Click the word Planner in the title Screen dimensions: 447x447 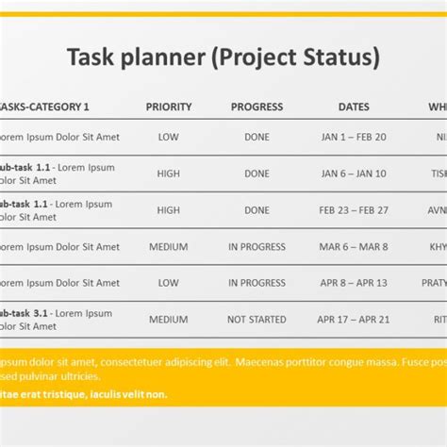tap(160, 58)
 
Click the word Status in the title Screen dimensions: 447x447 tap(337, 58)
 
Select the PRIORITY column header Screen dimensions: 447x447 tap(169, 107)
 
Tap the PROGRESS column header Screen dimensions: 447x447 tap(257, 107)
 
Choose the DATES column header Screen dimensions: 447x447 tap(354, 107)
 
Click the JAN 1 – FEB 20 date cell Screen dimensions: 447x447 tap(354, 137)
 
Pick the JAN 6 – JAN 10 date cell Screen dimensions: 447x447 tap(354, 174)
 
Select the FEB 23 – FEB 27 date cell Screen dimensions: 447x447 tap(354, 210)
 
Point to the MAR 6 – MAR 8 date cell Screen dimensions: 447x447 tap(354, 247)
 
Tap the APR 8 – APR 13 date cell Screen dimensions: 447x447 tap(354, 283)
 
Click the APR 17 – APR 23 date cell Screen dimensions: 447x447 tap(354, 320)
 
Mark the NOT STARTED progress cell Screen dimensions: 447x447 tap(257, 320)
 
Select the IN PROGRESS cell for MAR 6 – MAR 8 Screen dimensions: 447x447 tap(257, 247)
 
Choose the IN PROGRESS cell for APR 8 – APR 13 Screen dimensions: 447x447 tap(257, 283)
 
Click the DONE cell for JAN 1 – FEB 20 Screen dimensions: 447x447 tap(257, 137)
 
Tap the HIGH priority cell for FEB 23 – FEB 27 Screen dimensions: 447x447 tap(169, 210)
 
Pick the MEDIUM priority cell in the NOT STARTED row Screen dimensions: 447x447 tap(169, 320)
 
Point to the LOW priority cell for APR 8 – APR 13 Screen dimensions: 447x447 tap(169, 283)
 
